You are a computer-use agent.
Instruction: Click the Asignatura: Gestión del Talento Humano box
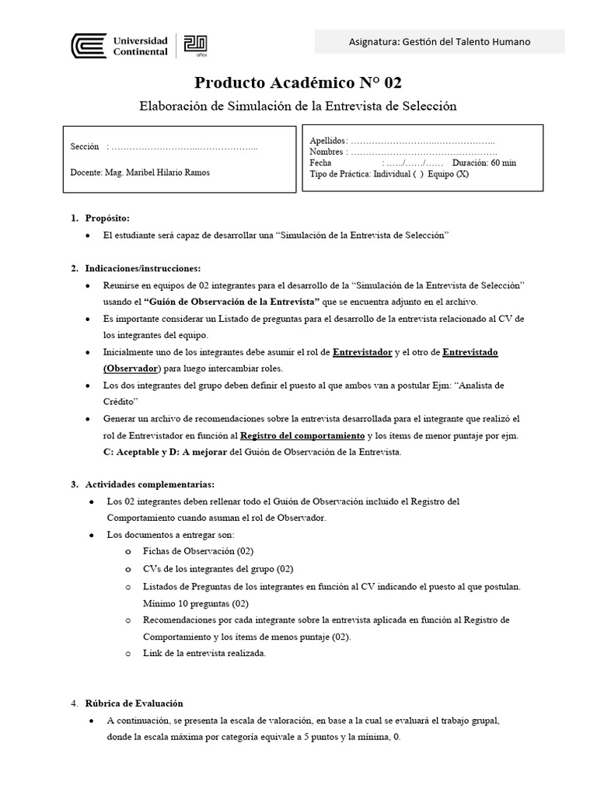coord(439,42)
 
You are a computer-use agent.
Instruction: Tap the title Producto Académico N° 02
coord(298,83)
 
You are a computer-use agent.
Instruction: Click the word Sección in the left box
coord(85,147)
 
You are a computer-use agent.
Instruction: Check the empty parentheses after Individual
coord(418,174)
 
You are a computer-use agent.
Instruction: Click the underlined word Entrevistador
coord(362,352)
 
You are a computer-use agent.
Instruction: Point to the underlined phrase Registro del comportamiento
coord(302,435)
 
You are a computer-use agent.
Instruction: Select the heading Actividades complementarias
coord(148,484)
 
